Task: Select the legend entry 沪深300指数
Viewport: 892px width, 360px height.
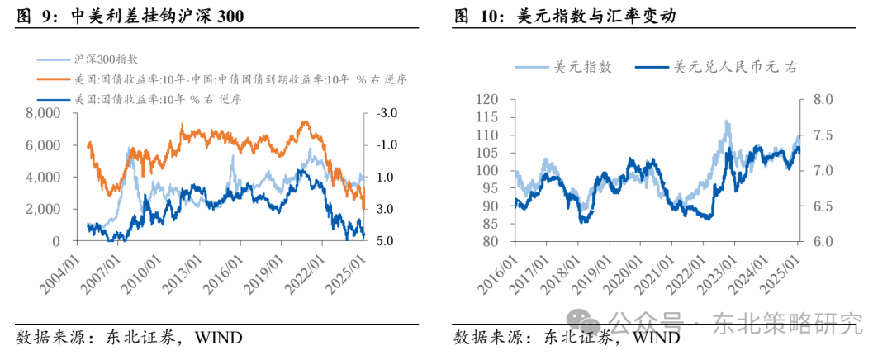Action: [x=107, y=59]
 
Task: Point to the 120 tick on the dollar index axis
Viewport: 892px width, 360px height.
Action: [x=491, y=100]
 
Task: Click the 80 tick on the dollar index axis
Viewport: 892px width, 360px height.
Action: [x=494, y=242]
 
